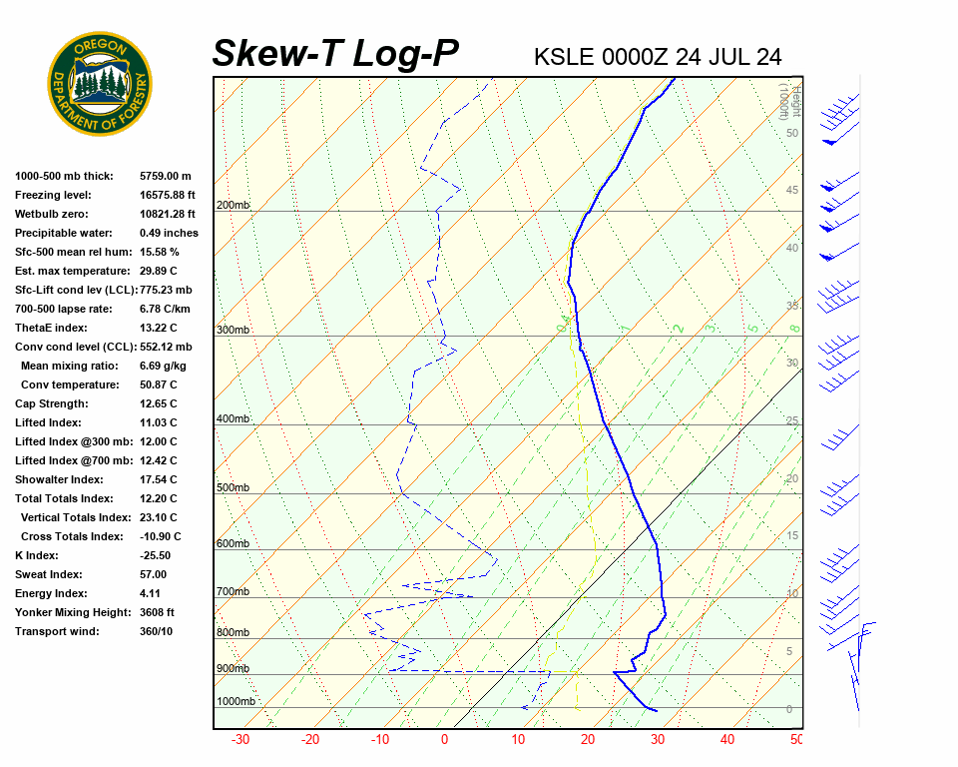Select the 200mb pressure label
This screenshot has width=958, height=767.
click(x=234, y=206)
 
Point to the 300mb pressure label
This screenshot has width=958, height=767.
click(x=234, y=331)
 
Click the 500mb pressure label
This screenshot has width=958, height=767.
click(x=234, y=488)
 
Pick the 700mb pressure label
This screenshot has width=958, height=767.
click(x=234, y=592)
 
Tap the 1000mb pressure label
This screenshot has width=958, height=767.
click(x=237, y=702)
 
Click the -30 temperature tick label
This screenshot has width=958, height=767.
click(x=240, y=740)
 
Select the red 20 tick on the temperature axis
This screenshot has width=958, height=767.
click(x=587, y=740)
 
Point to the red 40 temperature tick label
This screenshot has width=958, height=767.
click(x=727, y=740)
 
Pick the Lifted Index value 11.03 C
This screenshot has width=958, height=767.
click(x=159, y=422)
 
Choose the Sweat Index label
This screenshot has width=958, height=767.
click(x=49, y=574)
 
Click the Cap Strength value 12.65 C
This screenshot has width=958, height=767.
click(x=159, y=403)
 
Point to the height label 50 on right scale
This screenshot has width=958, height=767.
click(x=791, y=133)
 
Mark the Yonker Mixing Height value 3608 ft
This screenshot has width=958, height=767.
click(x=158, y=612)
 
